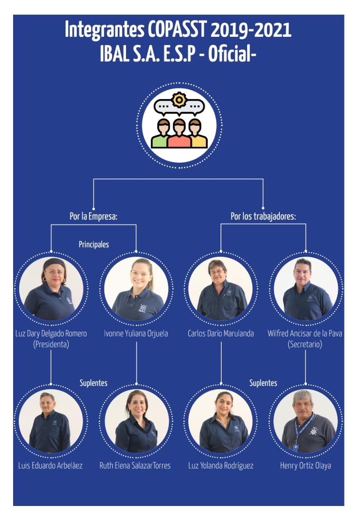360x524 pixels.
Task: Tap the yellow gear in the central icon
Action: [179, 100]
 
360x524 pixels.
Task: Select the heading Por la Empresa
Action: [94, 216]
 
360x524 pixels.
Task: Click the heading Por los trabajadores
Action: [263, 216]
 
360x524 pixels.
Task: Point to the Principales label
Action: [94, 244]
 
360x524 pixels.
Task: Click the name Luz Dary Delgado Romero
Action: [51, 333]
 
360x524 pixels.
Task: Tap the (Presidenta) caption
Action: [51, 344]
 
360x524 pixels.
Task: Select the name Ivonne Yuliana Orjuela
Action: [136, 333]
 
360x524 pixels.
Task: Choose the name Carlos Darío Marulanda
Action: [221, 333]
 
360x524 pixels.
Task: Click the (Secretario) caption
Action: [305, 344]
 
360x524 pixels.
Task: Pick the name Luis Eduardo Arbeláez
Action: [50, 465]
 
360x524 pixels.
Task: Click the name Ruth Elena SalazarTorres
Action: [135, 465]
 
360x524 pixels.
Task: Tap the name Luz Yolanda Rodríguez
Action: [221, 465]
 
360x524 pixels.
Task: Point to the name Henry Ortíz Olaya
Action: [306, 465]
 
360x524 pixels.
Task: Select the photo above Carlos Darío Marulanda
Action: [221, 288]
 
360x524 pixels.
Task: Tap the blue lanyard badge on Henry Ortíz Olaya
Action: [295, 447]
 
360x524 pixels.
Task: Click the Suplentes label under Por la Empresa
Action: [94, 383]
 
